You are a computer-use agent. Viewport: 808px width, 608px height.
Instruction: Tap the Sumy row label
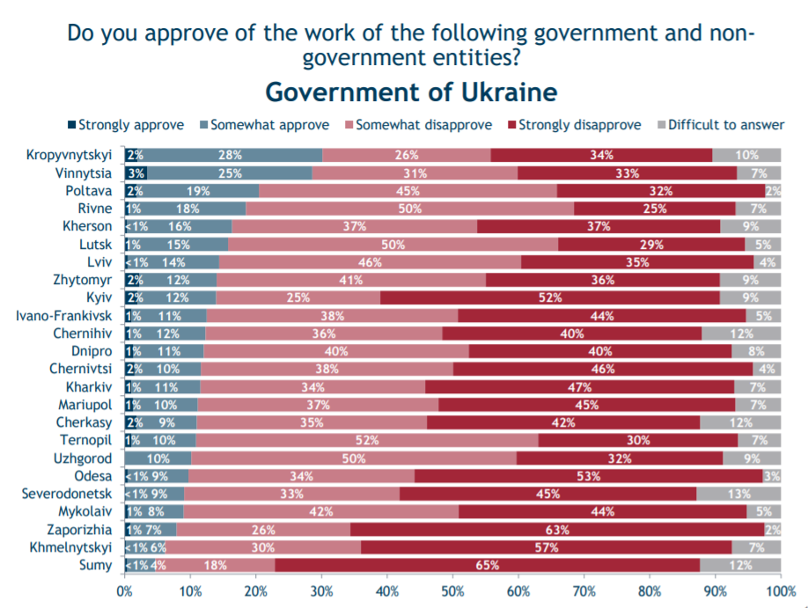click(x=95, y=565)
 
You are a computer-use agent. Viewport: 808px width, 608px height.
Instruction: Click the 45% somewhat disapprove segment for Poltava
click(x=408, y=190)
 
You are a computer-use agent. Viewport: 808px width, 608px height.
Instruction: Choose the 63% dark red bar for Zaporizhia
click(x=556, y=530)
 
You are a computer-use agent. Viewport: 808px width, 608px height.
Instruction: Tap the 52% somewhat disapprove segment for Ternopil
click(x=366, y=440)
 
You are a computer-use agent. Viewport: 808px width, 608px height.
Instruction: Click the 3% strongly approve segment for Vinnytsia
click(x=136, y=172)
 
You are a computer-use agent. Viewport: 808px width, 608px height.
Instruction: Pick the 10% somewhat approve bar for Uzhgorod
click(x=158, y=458)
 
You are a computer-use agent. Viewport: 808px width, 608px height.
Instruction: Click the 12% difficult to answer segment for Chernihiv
click(x=741, y=333)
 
